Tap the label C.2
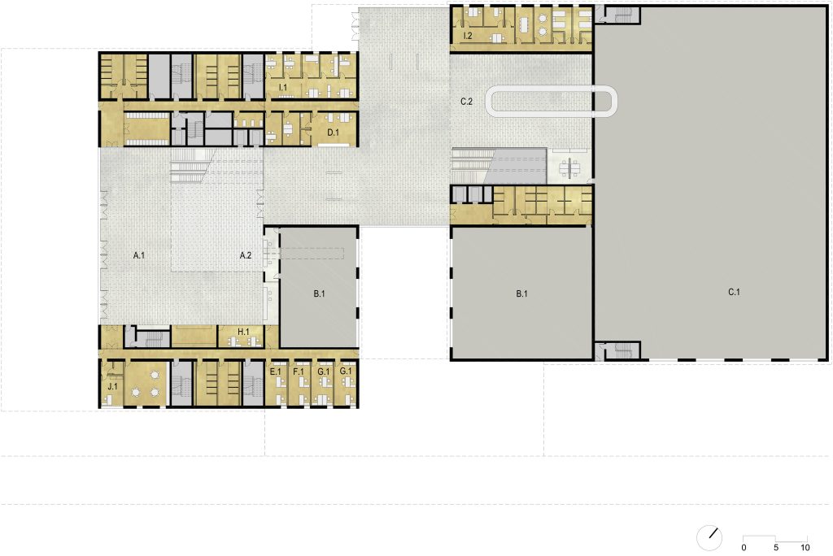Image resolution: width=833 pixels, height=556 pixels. pyautogui.click(x=466, y=102)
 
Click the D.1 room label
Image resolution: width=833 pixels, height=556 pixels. pyautogui.click(x=333, y=132)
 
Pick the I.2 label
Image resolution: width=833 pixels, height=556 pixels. pyautogui.click(x=468, y=37)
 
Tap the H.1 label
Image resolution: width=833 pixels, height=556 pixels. pyautogui.click(x=244, y=331)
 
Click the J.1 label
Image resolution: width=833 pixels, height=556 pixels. pyautogui.click(x=113, y=386)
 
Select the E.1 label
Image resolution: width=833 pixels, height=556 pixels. pyautogui.click(x=275, y=371)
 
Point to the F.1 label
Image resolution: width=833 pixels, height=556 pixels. pyautogui.click(x=298, y=371)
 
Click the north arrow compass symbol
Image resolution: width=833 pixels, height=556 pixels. pyautogui.click(x=710, y=536)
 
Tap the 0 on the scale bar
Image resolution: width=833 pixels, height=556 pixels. pyautogui.click(x=744, y=547)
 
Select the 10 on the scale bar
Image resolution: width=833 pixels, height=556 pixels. pyautogui.click(x=804, y=547)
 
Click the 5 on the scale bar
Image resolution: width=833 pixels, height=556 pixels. pyautogui.click(x=776, y=547)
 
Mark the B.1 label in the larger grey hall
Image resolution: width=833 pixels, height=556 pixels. pyautogui.click(x=522, y=293)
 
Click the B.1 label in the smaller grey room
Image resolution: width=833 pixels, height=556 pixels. pyautogui.click(x=319, y=293)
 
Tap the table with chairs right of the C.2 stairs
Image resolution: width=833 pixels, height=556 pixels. pyautogui.click(x=571, y=167)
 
